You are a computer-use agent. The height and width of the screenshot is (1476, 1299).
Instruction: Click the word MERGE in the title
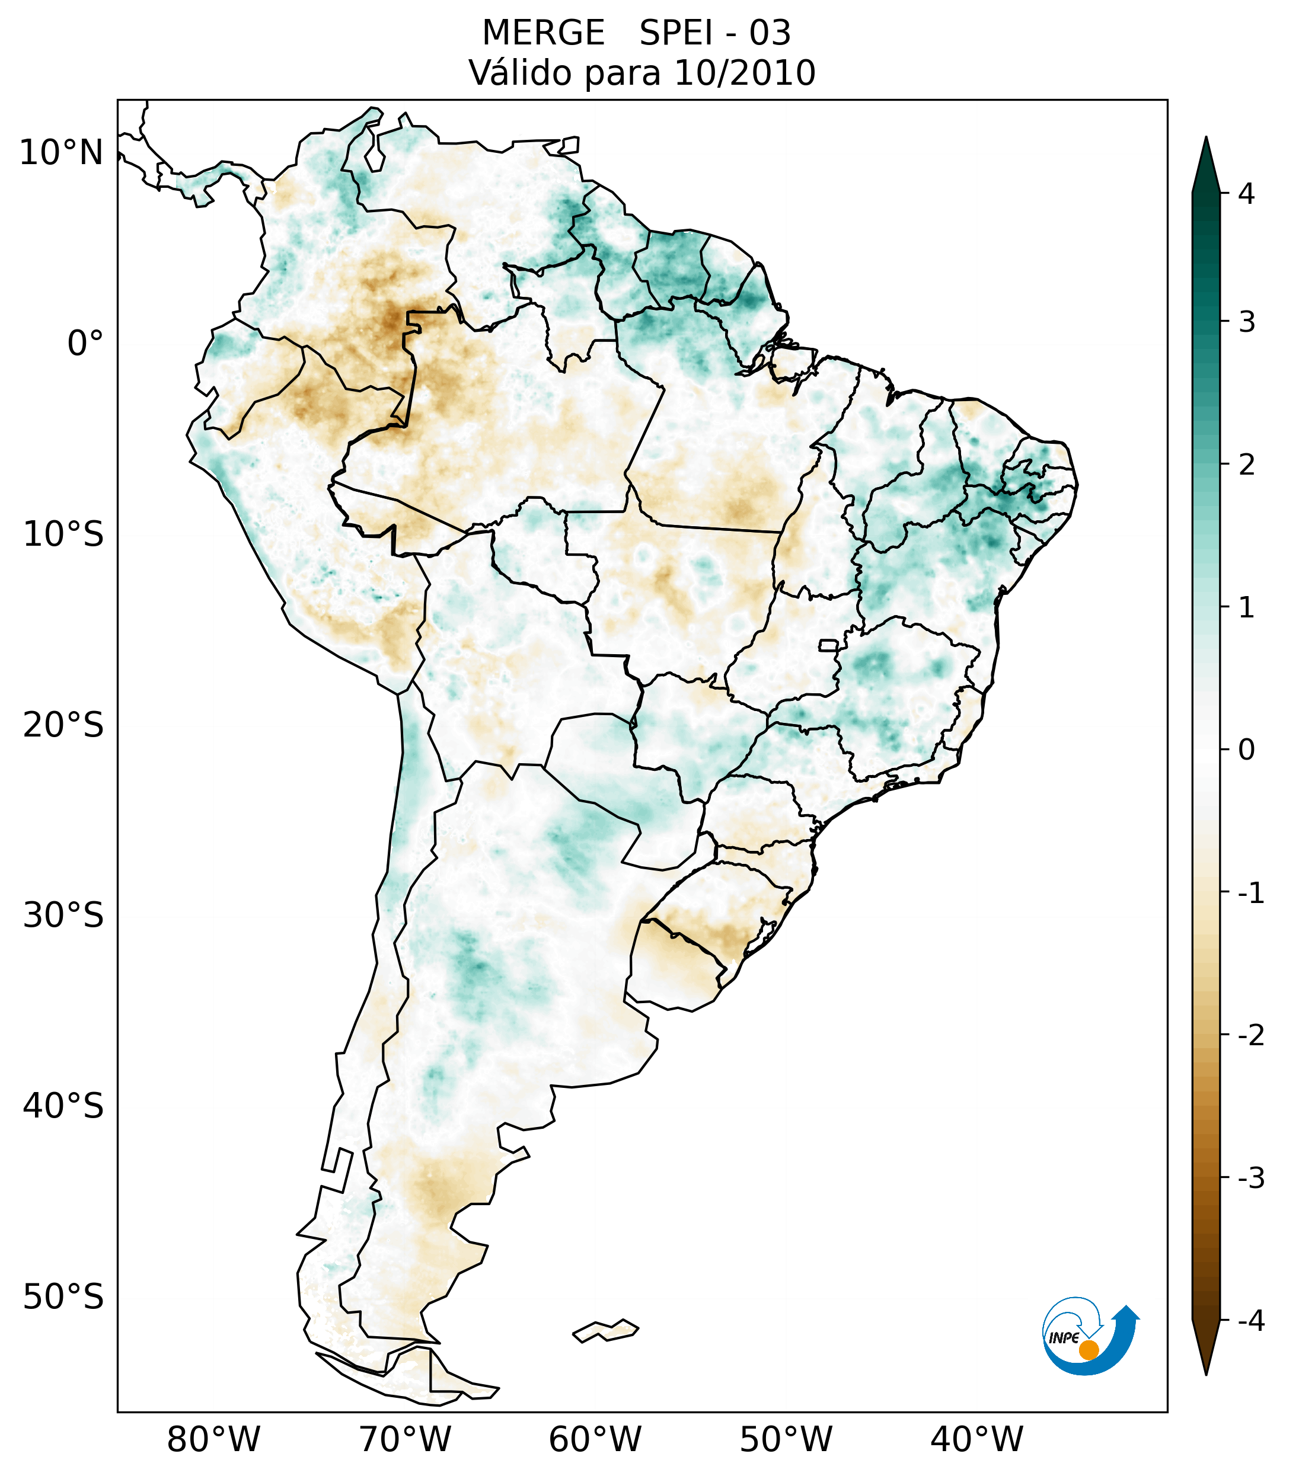tap(542, 33)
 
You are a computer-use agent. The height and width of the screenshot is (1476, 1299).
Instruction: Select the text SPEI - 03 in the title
tap(714, 33)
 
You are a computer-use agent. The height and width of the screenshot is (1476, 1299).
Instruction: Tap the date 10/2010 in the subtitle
tap(744, 73)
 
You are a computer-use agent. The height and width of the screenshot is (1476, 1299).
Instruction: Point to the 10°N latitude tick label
tap(60, 153)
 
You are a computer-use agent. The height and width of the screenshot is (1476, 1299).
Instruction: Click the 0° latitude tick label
tap(85, 344)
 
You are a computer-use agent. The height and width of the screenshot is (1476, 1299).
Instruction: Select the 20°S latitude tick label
tap(63, 725)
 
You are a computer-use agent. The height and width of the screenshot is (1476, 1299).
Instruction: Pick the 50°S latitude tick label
tap(63, 1297)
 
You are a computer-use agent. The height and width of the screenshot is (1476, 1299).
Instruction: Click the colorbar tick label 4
tap(1246, 194)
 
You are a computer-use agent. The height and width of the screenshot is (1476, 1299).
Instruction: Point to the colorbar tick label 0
tap(1246, 750)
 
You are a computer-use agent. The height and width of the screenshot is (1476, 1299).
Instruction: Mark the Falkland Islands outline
tap(605, 1330)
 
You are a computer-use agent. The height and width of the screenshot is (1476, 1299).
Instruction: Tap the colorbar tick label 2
tap(1246, 465)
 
